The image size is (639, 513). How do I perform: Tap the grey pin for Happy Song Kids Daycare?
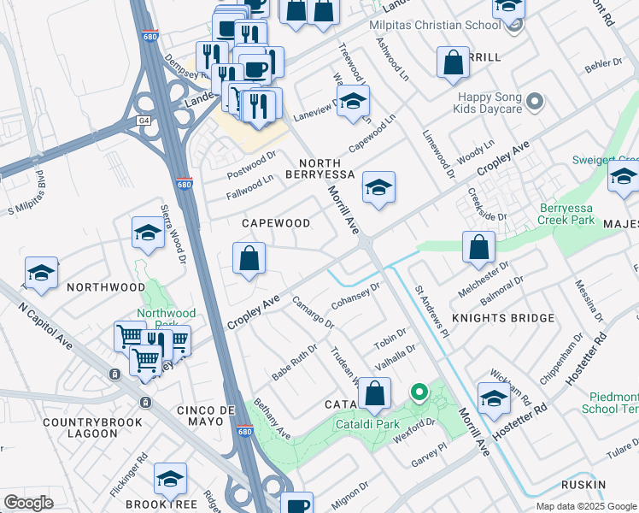tap(536, 103)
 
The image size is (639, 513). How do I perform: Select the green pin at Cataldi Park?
tap(419, 393)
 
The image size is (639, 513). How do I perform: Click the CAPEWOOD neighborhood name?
tap(275, 223)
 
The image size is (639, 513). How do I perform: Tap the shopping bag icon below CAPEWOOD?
tap(249, 258)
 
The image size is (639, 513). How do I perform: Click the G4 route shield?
tap(143, 121)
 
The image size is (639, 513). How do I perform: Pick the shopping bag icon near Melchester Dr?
tap(479, 246)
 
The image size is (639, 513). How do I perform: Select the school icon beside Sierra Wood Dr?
tap(148, 233)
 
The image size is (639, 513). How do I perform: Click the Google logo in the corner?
tap(28, 503)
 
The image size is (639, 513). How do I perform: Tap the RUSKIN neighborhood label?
tap(608, 485)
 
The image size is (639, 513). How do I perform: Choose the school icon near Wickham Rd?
tap(493, 398)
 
